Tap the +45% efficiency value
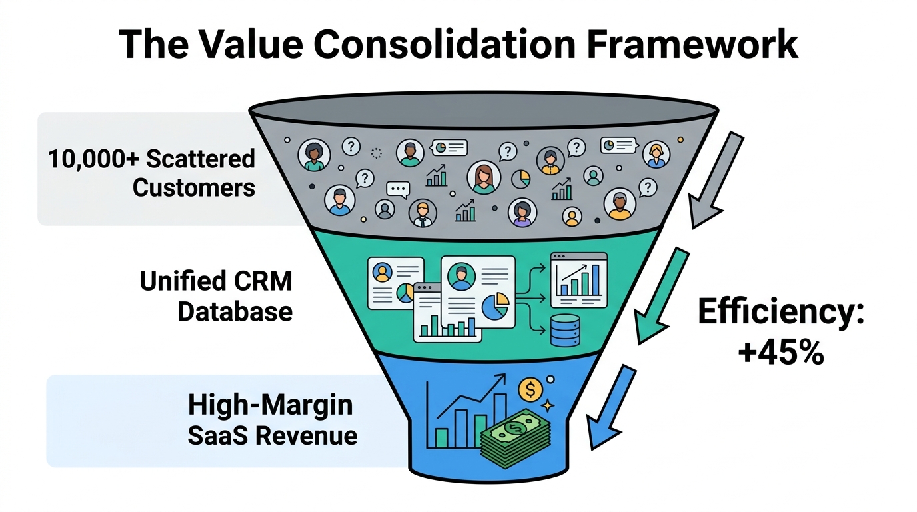[780, 352]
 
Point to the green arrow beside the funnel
[661, 294]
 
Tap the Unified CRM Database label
[216, 296]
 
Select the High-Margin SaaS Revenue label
[271, 420]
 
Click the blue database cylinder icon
[565, 331]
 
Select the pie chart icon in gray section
[520, 179]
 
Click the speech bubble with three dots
[398, 190]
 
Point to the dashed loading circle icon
[376, 153]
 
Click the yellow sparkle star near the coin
[548, 405]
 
